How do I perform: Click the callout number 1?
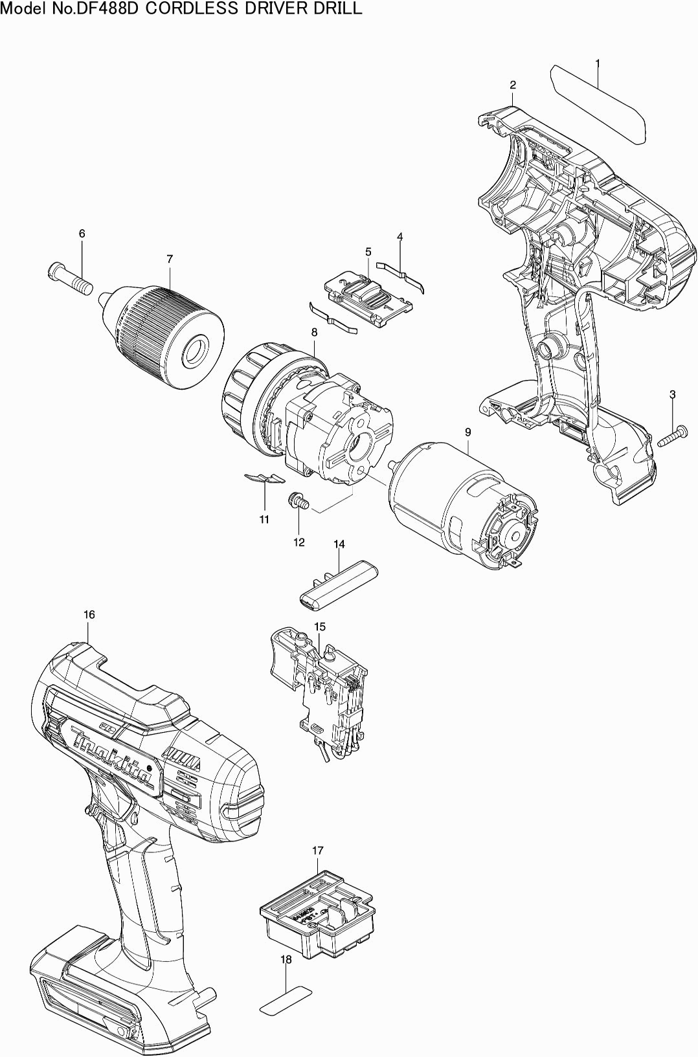click(597, 63)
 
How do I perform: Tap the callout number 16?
click(89, 614)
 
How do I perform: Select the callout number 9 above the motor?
click(467, 432)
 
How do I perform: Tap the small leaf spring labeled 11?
click(264, 478)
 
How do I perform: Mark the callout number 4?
click(400, 237)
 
